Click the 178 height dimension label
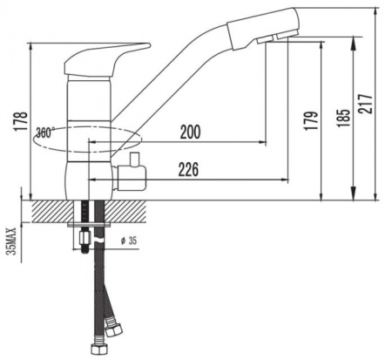click(22, 121)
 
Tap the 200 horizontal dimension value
click(191, 132)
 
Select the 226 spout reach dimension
click(189, 169)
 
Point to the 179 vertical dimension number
click(311, 120)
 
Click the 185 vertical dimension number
click(343, 119)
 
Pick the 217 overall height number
click(366, 104)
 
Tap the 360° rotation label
click(45, 132)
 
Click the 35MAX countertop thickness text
click(12, 241)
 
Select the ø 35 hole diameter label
click(129, 241)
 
